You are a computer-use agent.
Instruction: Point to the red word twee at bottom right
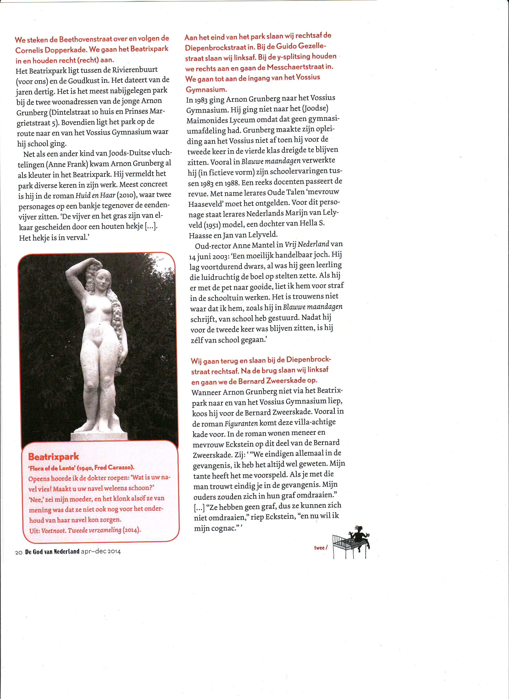point(320,548)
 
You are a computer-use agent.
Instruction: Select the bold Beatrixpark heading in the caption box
point(53,457)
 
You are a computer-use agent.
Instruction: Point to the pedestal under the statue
point(99,436)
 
